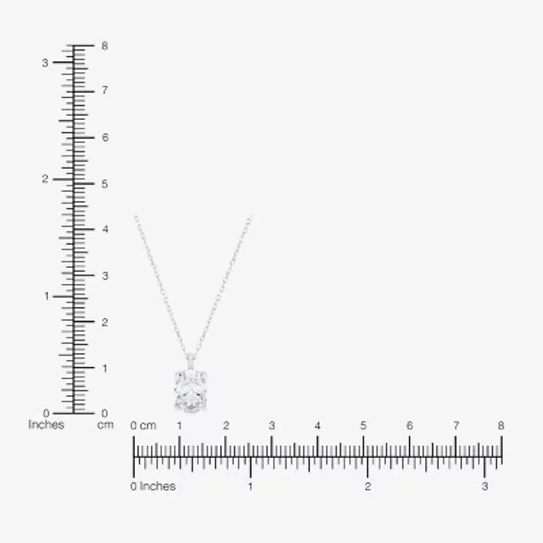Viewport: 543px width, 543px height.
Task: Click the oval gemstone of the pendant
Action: tap(190, 391)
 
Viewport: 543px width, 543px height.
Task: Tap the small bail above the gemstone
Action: tap(190, 362)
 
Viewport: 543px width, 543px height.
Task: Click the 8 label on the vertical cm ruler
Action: tap(105, 45)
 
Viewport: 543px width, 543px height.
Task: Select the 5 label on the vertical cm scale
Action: tap(105, 184)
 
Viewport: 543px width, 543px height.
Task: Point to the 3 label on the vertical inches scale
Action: tap(45, 63)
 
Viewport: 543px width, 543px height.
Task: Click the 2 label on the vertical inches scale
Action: tap(45, 179)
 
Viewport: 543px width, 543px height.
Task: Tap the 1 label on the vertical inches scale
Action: tap(46, 296)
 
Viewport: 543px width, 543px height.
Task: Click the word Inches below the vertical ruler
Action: tap(46, 425)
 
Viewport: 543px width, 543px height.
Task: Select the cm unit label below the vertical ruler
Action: tap(105, 425)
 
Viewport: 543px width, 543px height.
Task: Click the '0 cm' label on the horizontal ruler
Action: tap(143, 426)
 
